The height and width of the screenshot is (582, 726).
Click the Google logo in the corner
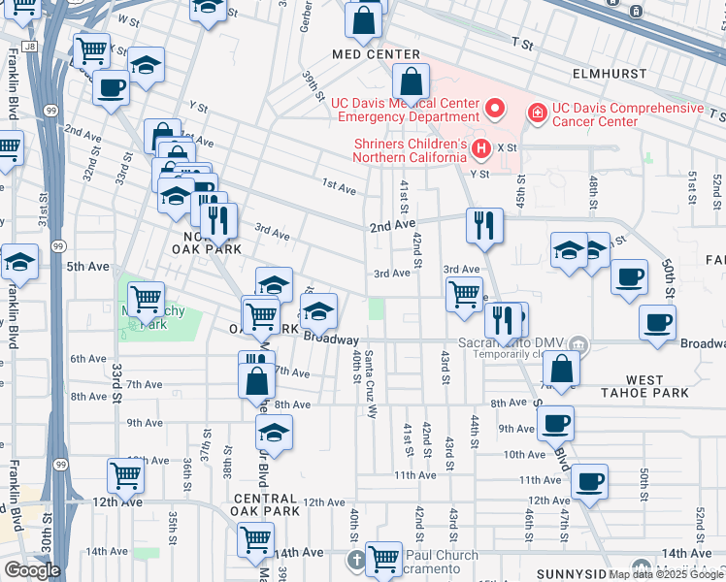click(31, 570)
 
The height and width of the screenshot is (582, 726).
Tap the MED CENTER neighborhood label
click(375, 55)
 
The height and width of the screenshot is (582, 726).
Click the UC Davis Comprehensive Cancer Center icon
click(536, 114)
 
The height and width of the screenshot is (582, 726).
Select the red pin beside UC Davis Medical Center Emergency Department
click(495, 107)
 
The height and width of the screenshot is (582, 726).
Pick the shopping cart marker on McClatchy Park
click(146, 300)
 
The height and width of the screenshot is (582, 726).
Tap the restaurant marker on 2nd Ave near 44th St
click(483, 226)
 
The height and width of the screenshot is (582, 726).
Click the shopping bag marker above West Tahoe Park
click(562, 369)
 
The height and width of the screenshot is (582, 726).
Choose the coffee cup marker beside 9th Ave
click(555, 423)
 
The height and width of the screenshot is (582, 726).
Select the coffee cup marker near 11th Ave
click(588, 481)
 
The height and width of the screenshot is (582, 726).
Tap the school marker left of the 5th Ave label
click(19, 262)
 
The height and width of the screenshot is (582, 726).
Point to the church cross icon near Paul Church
click(356, 560)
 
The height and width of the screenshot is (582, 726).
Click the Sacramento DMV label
click(514, 344)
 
